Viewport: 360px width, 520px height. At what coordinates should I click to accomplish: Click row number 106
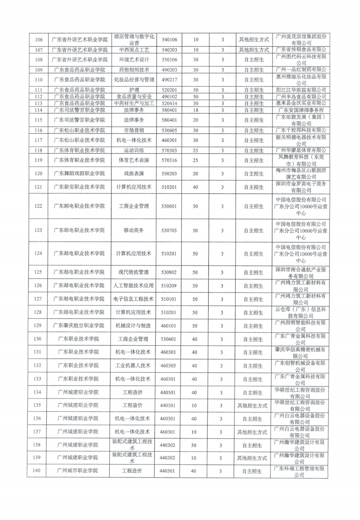pyautogui.click(x=39, y=40)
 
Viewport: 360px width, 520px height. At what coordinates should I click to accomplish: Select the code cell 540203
pyautogui.click(x=169, y=50)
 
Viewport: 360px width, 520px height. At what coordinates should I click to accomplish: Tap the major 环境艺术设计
pyautogui.click(x=134, y=60)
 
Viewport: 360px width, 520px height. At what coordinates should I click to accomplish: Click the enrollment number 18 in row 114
pyautogui.click(x=196, y=110)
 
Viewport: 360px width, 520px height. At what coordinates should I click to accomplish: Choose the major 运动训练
pyautogui.click(x=134, y=150)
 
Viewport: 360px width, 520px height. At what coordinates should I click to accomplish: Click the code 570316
pyautogui.click(x=169, y=160)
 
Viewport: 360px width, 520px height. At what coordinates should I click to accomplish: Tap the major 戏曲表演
pyautogui.click(x=134, y=173)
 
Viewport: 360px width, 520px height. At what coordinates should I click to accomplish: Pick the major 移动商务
pyautogui.click(x=134, y=230)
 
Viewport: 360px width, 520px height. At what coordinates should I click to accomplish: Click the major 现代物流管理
pyautogui.click(x=134, y=272)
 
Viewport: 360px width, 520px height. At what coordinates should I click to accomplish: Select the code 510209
pyautogui.click(x=169, y=286)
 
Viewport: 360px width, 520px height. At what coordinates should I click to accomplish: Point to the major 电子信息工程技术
pyautogui.click(x=133, y=299)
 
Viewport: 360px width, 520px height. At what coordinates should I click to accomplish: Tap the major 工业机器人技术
pyautogui.click(x=133, y=366)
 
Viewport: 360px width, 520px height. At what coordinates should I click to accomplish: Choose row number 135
pyautogui.click(x=37, y=405)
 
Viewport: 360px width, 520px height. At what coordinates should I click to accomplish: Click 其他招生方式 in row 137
pyautogui.click(x=252, y=432)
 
